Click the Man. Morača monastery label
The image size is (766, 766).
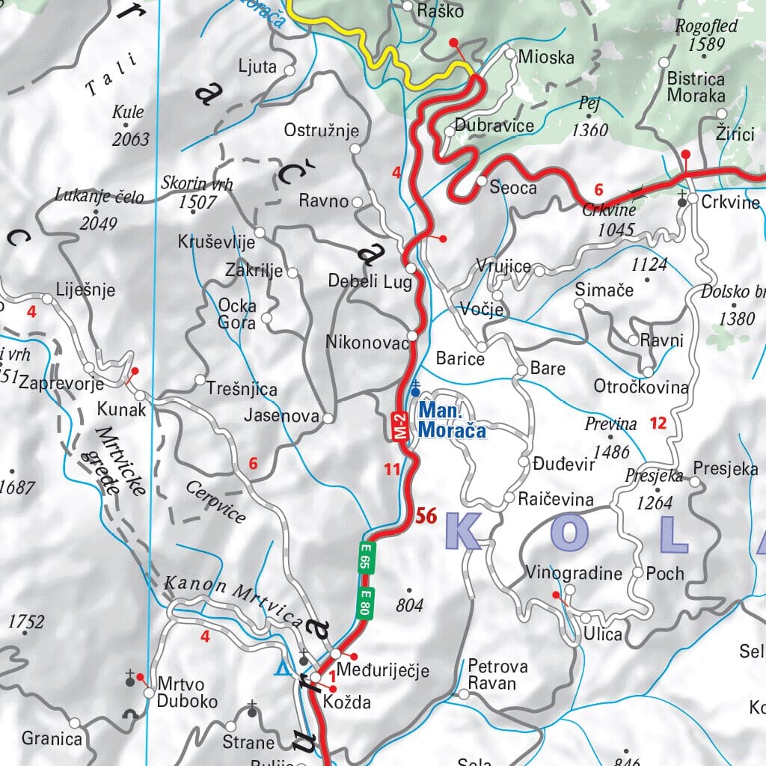452,420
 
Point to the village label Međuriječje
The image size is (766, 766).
383,670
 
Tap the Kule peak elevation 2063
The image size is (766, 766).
131,139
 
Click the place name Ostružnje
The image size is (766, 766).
316,131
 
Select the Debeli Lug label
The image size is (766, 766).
366,281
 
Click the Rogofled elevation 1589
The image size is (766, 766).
707,44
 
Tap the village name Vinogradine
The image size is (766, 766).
574,574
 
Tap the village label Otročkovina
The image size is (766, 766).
641,387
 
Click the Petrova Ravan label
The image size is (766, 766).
497,675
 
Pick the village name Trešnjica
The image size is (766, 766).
242,390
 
